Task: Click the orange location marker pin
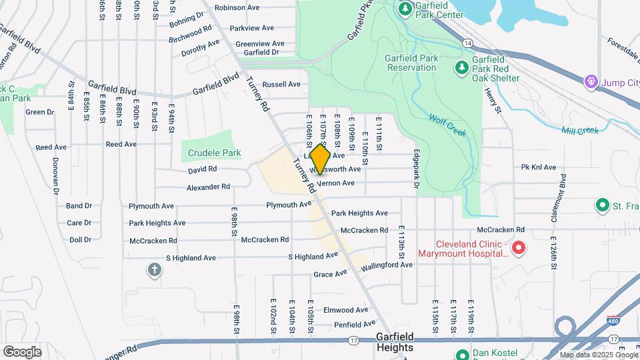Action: (321, 159)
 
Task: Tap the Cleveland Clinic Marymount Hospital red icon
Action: (518, 249)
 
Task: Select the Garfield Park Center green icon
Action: (405, 9)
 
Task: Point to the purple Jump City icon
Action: (591, 82)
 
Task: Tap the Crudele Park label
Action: (214, 153)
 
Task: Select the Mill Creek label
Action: (579, 131)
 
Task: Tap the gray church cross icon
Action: (155, 270)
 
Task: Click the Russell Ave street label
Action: (281, 85)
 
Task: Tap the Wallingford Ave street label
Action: (387, 265)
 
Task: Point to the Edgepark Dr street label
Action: (415, 168)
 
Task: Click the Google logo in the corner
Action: (22, 351)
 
